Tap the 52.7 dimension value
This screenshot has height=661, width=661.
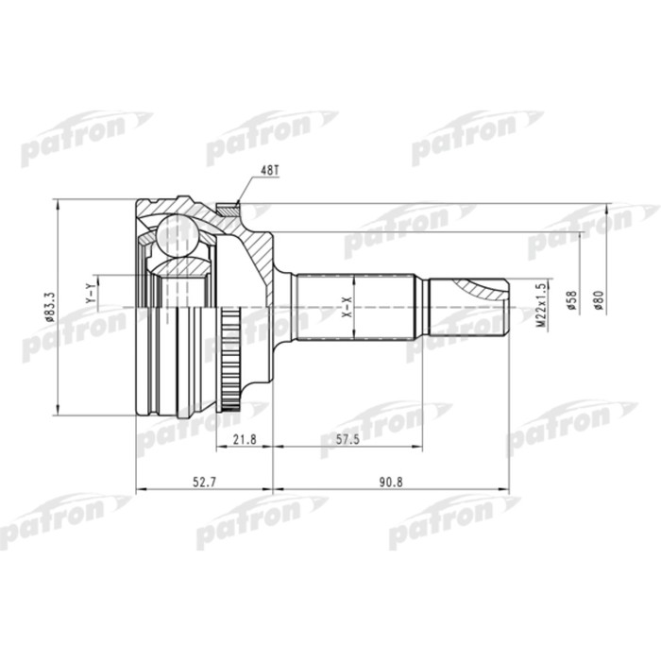tap(204, 483)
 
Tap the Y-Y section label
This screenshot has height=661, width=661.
tap(90, 294)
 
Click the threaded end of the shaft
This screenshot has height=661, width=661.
tap(472, 307)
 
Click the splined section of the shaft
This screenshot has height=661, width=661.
tap(354, 307)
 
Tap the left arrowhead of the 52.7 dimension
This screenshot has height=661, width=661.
tap(141, 491)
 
